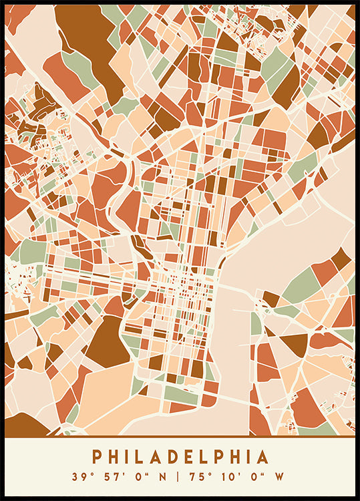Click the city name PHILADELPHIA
click(180, 457)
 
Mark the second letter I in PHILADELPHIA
click(248, 457)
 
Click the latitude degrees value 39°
click(81, 477)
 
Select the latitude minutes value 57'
click(108, 477)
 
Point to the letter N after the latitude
click(158, 477)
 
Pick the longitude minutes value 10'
click(226, 477)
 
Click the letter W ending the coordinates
click(278, 477)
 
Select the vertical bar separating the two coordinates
click(178, 477)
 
